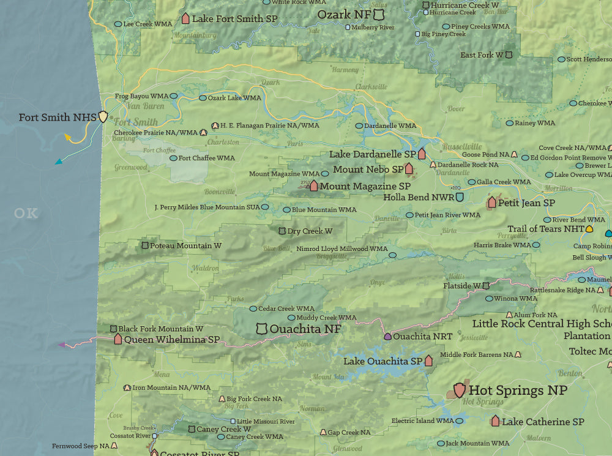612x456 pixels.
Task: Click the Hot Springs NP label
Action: pyautogui.click(x=518, y=390)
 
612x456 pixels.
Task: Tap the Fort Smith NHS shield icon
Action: pyautogui.click(x=103, y=116)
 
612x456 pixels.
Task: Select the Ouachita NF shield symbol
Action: pyautogui.click(x=262, y=329)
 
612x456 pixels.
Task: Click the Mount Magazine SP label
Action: pyautogui.click(x=365, y=186)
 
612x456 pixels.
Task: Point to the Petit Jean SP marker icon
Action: pyautogui.click(x=491, y=202)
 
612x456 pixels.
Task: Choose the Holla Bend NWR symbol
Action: pyautogui.click(x=459, y=197)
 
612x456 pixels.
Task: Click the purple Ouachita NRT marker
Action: pyautogui.click(x=387, y=336)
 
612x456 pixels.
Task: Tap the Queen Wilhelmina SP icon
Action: pyautogui.click(x=118, y=338)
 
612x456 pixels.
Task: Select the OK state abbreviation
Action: pyautogui.click(x=26, y=213)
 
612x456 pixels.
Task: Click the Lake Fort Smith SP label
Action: pyautogui.click(x=234, y=19)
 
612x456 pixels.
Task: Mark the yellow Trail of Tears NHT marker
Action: pyautogui.click(x=589, y=229)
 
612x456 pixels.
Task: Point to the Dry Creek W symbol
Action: pyautogui.click(x=282, y=231)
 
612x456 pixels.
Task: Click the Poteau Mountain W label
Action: pyautogui.click(x=181, y=245)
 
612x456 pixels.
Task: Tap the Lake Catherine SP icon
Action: pyautogui.click(x=495, y=421)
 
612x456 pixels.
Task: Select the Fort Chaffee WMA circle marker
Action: pyautogui.click(x=173, y=158)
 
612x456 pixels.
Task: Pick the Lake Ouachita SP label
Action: pyautogui.click(x=383, y=361)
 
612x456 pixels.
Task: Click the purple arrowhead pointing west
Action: pyautogui.click(x=61, y=345)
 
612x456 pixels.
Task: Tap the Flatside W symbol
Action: pyautogui.click(x=486, y=285)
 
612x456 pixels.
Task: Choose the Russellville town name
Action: pyautogui.click(x=462, y=147)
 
